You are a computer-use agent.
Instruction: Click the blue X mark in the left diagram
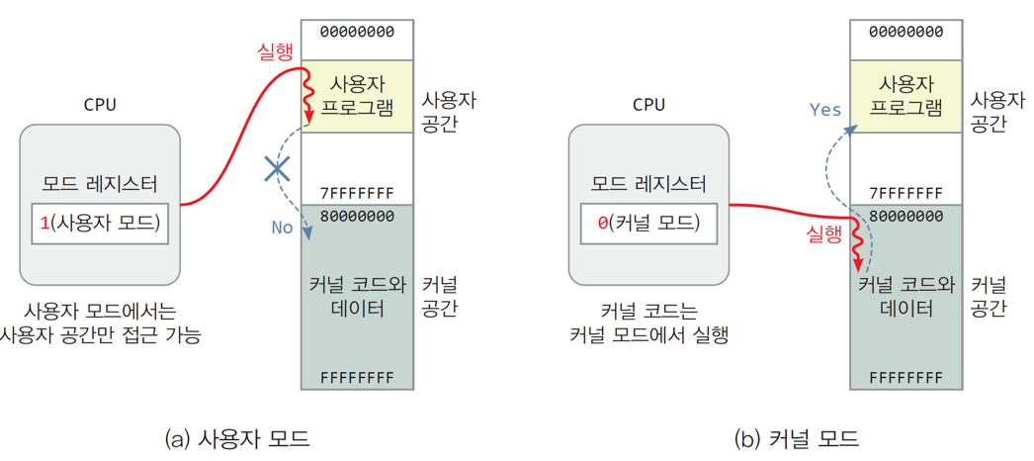pos(278,169)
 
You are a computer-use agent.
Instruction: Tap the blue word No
pos(282,228)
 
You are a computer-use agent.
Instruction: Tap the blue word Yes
pos(824,109)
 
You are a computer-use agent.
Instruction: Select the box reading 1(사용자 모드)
pos(99,223)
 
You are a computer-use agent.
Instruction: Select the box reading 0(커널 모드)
pos(648,223)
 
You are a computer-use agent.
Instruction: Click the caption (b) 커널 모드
pos(796,437)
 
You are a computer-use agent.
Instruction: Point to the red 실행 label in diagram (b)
pos(824,235)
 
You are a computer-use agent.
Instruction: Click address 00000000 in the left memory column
pos(357,32)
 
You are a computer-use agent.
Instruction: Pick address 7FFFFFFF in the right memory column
pos(906,192)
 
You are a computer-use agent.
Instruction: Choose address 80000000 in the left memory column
pos(357,216)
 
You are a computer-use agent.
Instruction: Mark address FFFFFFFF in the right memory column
pos(906,378)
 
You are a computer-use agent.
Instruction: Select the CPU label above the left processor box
pos(100,105)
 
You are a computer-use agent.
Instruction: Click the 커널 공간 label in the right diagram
pos(989,297)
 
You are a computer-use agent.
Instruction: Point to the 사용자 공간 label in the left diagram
pos(449,112)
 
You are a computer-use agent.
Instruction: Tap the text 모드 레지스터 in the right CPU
pos(648,184)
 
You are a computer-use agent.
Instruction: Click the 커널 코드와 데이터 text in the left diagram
pos(357,297)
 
